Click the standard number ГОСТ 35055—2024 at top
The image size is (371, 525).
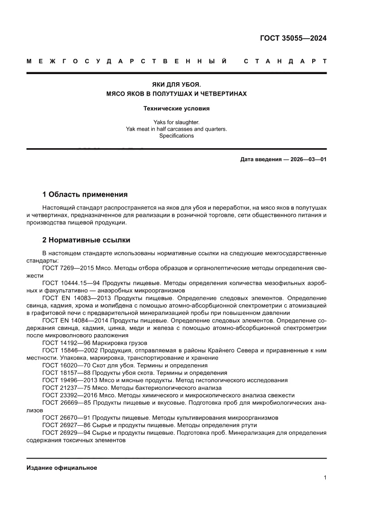click(293, 38)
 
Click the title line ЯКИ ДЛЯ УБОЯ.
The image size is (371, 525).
click(176, 84)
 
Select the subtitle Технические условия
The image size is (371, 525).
click(176, 108)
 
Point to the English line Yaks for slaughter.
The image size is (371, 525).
click(176, 122)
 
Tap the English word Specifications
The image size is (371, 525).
click(176, 136)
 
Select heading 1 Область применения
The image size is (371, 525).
click(85, 194)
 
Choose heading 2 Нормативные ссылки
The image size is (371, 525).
click(86, 240)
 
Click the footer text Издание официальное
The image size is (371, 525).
click(62, 468)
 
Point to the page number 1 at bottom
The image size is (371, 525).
click(324, 478)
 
